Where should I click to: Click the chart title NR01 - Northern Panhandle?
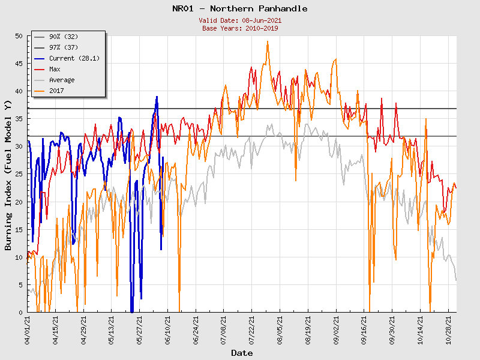(239, 8)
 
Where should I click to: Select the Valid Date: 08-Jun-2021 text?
(239, 20)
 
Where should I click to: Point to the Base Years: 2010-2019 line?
(239, 28)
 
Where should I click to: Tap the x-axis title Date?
(242, 353)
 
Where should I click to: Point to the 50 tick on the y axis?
(19, 37)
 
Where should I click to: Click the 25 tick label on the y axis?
(19, 175)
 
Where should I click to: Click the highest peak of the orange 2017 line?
(268, 41)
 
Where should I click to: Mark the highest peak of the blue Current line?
(157, 97)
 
